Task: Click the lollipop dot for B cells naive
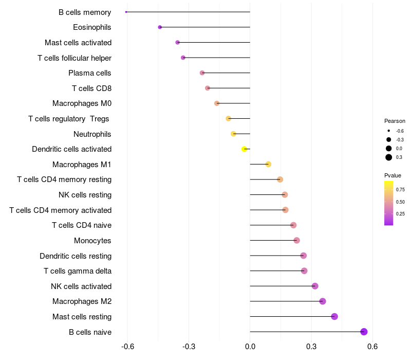coord(364,332)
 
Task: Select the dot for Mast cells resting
coord(334,316)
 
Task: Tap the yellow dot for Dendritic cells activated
coord(245,149)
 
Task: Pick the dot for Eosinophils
coord(160,27)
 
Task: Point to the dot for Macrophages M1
coord(268,164)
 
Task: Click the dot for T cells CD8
coord(208,88)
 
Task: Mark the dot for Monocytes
coord(296,240)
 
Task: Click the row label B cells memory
coord(85,12)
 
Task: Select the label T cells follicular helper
coord(74,58)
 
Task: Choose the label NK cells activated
coord(81,286)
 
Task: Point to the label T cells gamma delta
coord(78,271)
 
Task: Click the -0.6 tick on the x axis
coord(127,347)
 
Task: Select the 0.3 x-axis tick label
coord(311,347)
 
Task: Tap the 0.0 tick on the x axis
coord(250,347)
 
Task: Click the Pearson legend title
coord(395,121)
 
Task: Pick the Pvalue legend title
coord(393,175)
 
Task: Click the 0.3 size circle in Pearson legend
coord(389,157)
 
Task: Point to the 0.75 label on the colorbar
coord(400,189)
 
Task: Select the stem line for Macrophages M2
coord(285,301)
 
